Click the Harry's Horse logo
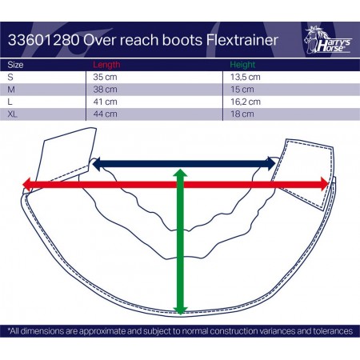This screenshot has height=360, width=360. click(x=328, y=40)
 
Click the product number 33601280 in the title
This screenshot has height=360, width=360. click(x=44, y=40)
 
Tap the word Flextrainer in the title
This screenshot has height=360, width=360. click(x=242, y=40)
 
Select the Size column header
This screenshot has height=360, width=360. click(x=15, y=65)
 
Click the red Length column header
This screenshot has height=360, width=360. click(x=106, y=65)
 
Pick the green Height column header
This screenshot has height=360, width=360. click(x=242, y=65)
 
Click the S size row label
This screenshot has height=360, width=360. click(x=10, y=77)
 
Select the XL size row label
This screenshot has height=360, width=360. click(x=13, y=114)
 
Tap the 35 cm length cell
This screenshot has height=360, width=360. click(x=105, y=77)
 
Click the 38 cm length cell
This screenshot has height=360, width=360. click(x=105, y=90)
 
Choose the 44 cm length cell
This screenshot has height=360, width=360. click(x=105, y=114)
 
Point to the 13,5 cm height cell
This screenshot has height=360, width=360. click(x=246, y=77)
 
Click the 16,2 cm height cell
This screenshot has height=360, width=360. click(x=246, y=102)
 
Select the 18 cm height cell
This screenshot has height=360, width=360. click(x=242, y=114)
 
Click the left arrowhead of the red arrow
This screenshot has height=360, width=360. click(x=27, y=185)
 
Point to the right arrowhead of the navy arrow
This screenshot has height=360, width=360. click(x=271, y=164)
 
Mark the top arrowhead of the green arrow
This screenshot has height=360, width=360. click(x=180, y=174)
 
